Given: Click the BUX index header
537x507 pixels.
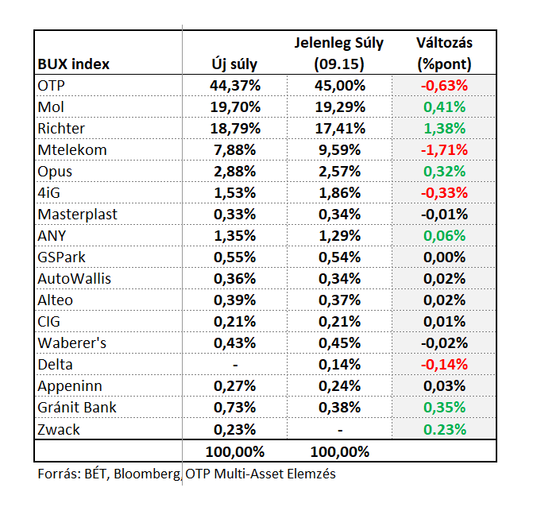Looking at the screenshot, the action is [x=73, y=64].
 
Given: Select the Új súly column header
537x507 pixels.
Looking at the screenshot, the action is [x=234, y=64].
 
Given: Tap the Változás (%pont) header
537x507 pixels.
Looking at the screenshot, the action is [x=444, y=53].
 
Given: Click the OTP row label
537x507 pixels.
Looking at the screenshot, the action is [x=51, y=86].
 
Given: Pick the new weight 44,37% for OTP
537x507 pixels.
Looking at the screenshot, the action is [x=235, y=86].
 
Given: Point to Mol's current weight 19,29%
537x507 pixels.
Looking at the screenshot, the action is [x=340, y=107].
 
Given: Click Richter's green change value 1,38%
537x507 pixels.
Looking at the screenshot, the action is [x=445, y=129].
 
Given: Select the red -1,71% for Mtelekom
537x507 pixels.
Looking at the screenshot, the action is [x=444, y=150].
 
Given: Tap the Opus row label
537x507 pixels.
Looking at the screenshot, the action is [x=55, y=172].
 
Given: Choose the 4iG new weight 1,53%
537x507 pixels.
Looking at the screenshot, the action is [x=235, y=193].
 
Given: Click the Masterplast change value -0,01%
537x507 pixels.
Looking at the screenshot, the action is [x=444, y=215].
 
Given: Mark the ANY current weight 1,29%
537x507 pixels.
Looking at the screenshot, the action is [x=340, y=236].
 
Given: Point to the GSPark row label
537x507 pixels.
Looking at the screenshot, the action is [x=61, y=257].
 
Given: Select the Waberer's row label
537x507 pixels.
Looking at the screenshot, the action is [x=72, y=343].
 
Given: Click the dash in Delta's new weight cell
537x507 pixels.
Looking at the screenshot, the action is [x=235, y=366].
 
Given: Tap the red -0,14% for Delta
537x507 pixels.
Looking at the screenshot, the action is [x=444, y=365].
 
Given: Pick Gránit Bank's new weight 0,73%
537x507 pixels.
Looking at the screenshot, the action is [x=235, y=408].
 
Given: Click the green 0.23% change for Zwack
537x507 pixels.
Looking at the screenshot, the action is [x=445, y=430].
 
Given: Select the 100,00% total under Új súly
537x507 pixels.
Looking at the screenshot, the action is [x=235, y=452].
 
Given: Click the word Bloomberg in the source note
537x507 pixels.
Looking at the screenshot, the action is [x=147, y=474].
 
